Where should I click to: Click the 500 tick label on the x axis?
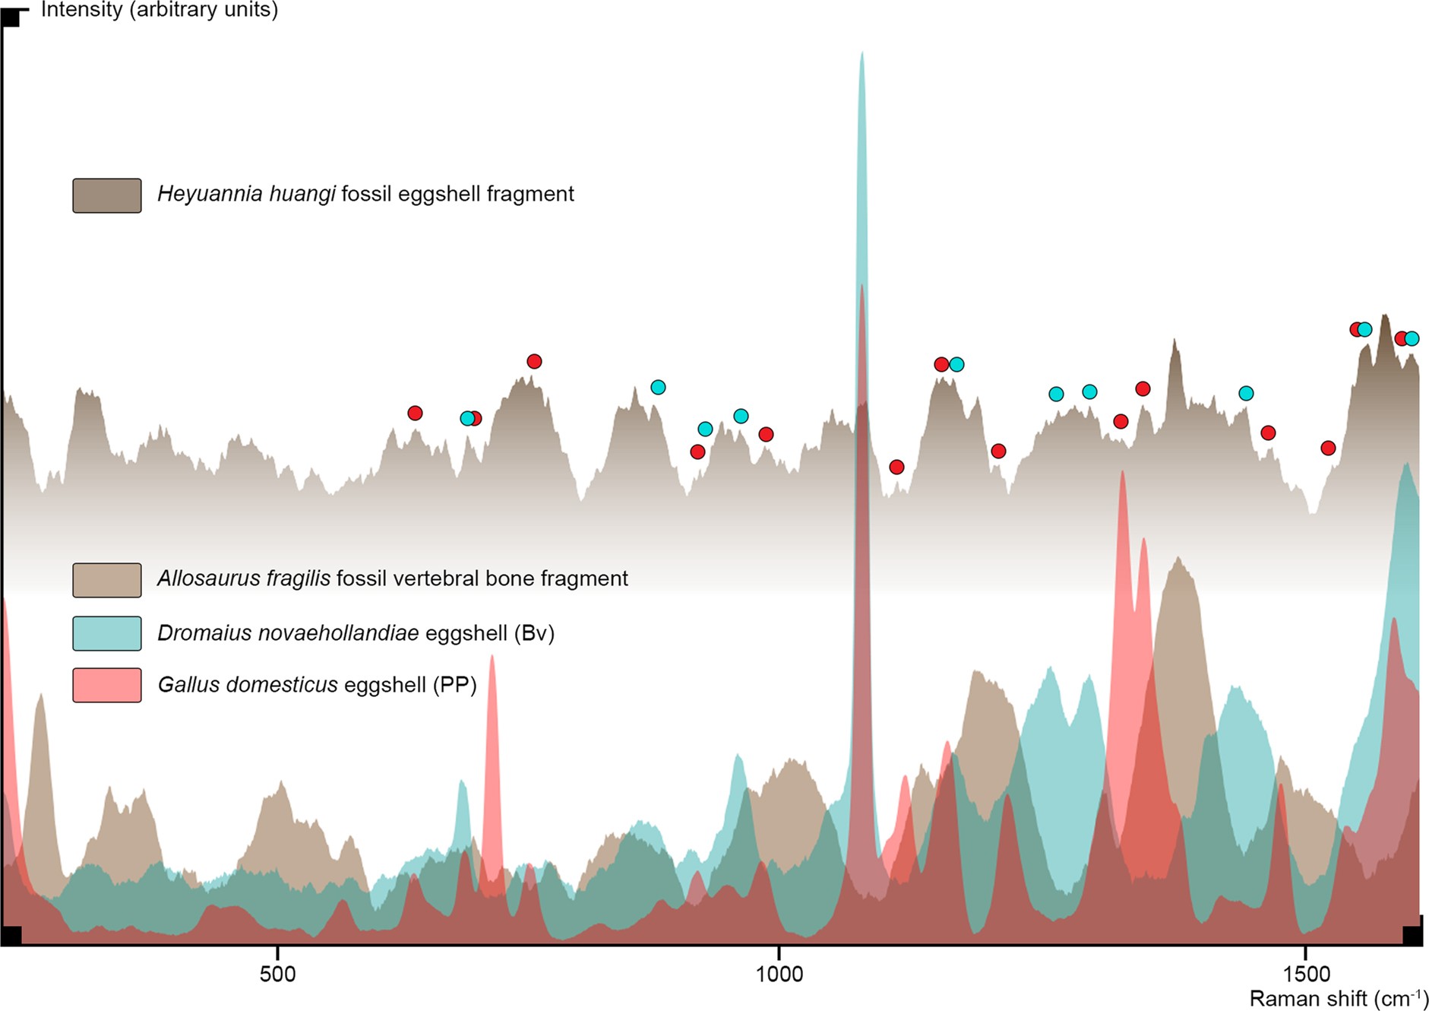point(277,975)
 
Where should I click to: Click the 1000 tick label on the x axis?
point(779,975)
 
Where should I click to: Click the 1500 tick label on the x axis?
point(1306,975)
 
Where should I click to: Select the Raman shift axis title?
point(1339,998)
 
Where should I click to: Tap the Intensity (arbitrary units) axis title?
point(159,10)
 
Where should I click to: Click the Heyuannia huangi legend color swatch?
point(107,195)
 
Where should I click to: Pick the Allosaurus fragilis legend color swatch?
point(107,580)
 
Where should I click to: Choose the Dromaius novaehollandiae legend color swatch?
point(107,633)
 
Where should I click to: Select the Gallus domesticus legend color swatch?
point(107,685)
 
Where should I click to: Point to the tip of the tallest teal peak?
point(862,53)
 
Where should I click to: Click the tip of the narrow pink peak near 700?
point(492,656)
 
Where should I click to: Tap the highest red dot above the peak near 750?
point(534,361)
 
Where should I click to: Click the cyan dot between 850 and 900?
point(658,387)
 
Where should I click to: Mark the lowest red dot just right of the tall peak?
point(896,467)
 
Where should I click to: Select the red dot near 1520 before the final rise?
point(1328,448)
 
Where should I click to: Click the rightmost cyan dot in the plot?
point(1412,338)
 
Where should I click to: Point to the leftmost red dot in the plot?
point(415,413)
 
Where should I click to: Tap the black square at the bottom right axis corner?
point(1412,936)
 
